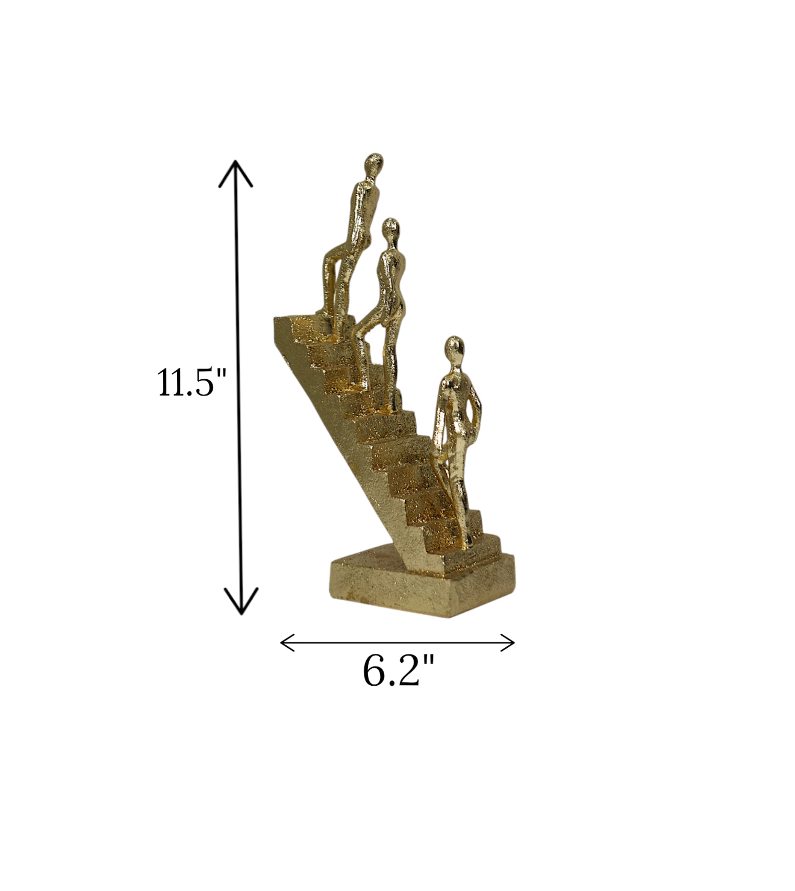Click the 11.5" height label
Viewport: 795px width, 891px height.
(192, 382)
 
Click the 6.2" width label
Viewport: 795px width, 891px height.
(398, 671)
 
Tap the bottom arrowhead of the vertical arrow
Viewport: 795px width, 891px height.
(241, 601)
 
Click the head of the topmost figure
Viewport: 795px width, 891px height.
(374, 165)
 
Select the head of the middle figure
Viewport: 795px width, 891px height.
(391, 229)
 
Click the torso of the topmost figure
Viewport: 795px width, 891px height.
(364, 211)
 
